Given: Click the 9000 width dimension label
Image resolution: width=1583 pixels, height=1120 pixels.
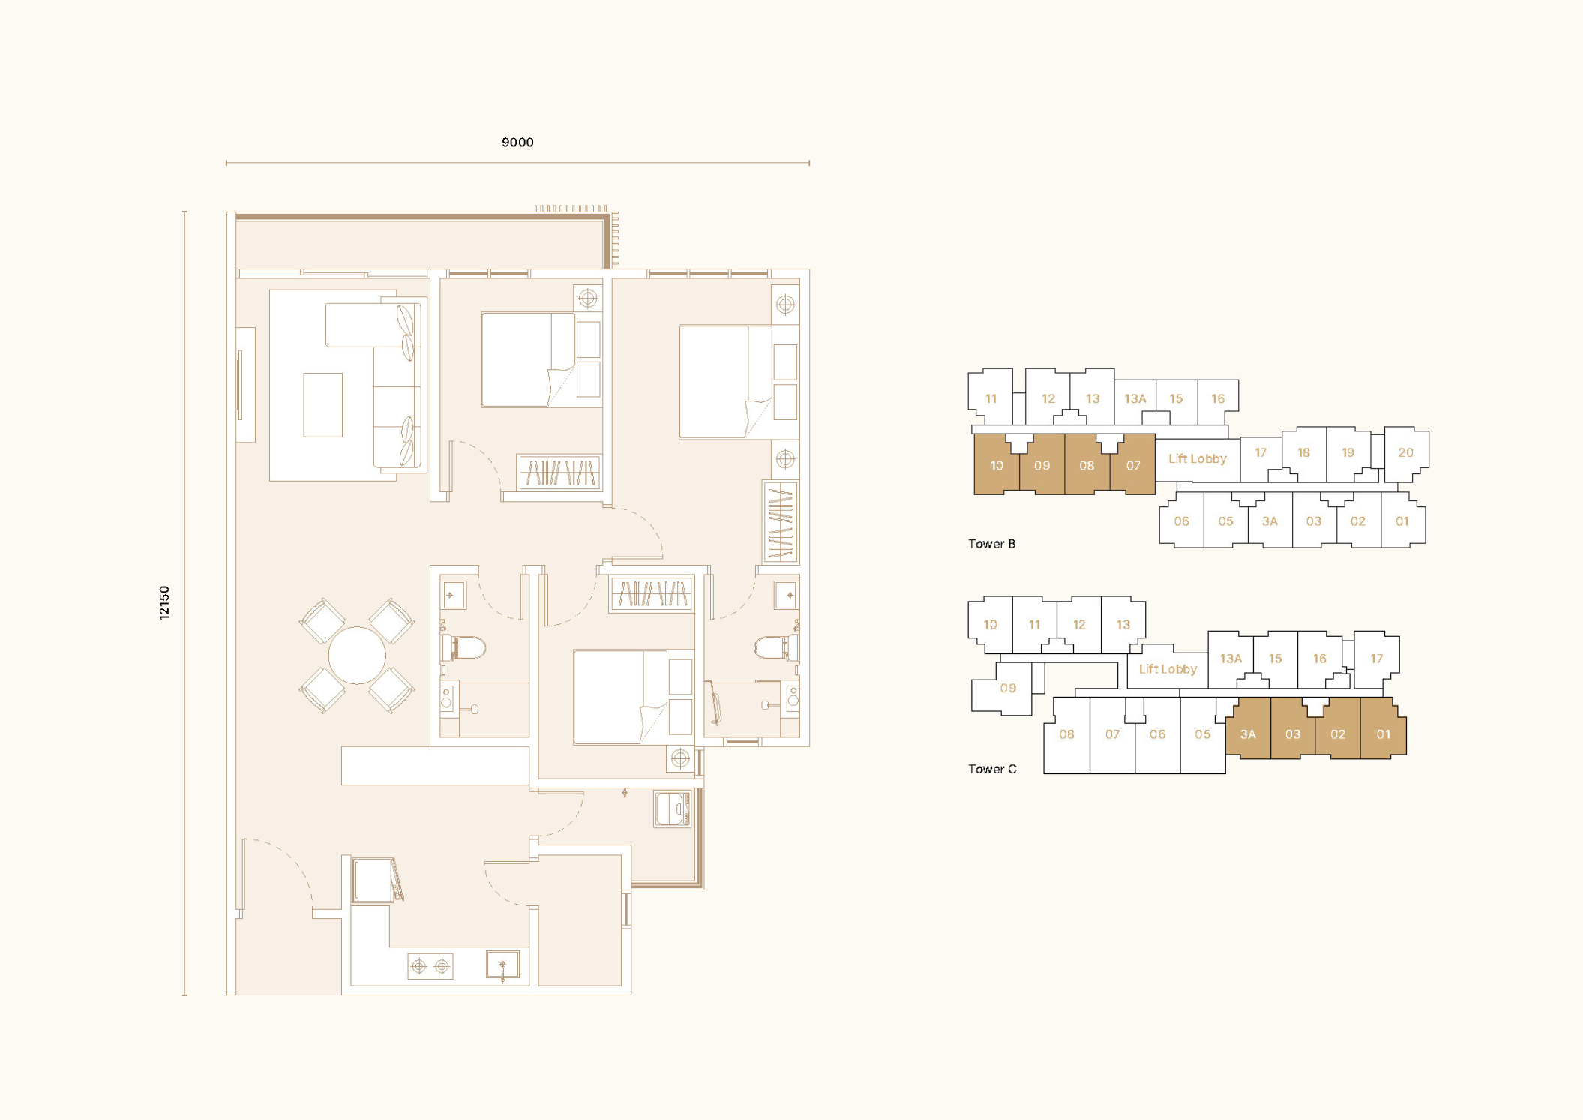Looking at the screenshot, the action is pyautogui.click(x=517, y=143).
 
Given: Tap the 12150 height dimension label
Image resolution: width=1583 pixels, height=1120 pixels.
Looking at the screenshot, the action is pyautogui.click(x=164, y=602).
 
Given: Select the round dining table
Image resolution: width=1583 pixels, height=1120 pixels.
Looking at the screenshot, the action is pyautogui.click(x=357, y=655).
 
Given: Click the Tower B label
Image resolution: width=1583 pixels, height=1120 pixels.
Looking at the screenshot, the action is pyautogui.click(x=991, y=544).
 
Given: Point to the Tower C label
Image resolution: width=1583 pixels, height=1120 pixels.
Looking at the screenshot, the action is pyautogui.click(x=992, y=769).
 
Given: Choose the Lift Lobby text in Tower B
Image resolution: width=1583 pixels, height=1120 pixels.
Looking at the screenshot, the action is pyautogui.click(x=1197, y=458).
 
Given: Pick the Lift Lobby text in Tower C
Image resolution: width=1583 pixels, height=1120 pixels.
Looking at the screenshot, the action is pyautogui.click(x=1168, y=669).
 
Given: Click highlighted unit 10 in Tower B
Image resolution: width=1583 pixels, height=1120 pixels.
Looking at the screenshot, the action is pyautogui.click(x=997, y=465).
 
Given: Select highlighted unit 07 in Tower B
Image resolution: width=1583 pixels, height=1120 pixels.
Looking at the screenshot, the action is pyautogui.click(x=1132, y=465).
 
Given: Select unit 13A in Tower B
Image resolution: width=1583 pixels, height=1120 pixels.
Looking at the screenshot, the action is pyautogui.click(x=1135, y=398).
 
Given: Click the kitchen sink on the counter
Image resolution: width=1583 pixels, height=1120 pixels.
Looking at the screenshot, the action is pyautogui.click(x=502, y=965).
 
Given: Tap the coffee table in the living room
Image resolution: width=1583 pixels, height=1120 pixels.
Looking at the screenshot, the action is pyautogui.click(x=322, y=404).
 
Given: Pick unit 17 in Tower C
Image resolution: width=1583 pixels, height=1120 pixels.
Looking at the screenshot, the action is pyautogui.click(x=1376, y=659).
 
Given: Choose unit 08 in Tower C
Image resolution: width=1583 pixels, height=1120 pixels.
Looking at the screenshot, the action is pyautogui.click(x=1066, y=735).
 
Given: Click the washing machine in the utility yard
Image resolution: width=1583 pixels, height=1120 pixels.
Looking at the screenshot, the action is pyautogui.click(x=672, y=809).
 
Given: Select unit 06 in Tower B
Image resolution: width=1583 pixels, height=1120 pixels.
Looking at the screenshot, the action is pyautogui.click(x=1181, y=521).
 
